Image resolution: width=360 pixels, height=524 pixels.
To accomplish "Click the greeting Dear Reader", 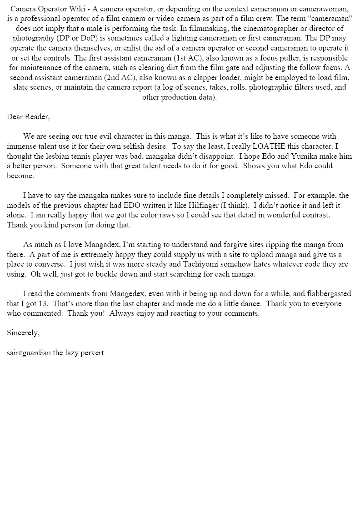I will pos(28,116).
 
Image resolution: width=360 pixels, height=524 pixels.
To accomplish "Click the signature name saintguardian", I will pos(29,353).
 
